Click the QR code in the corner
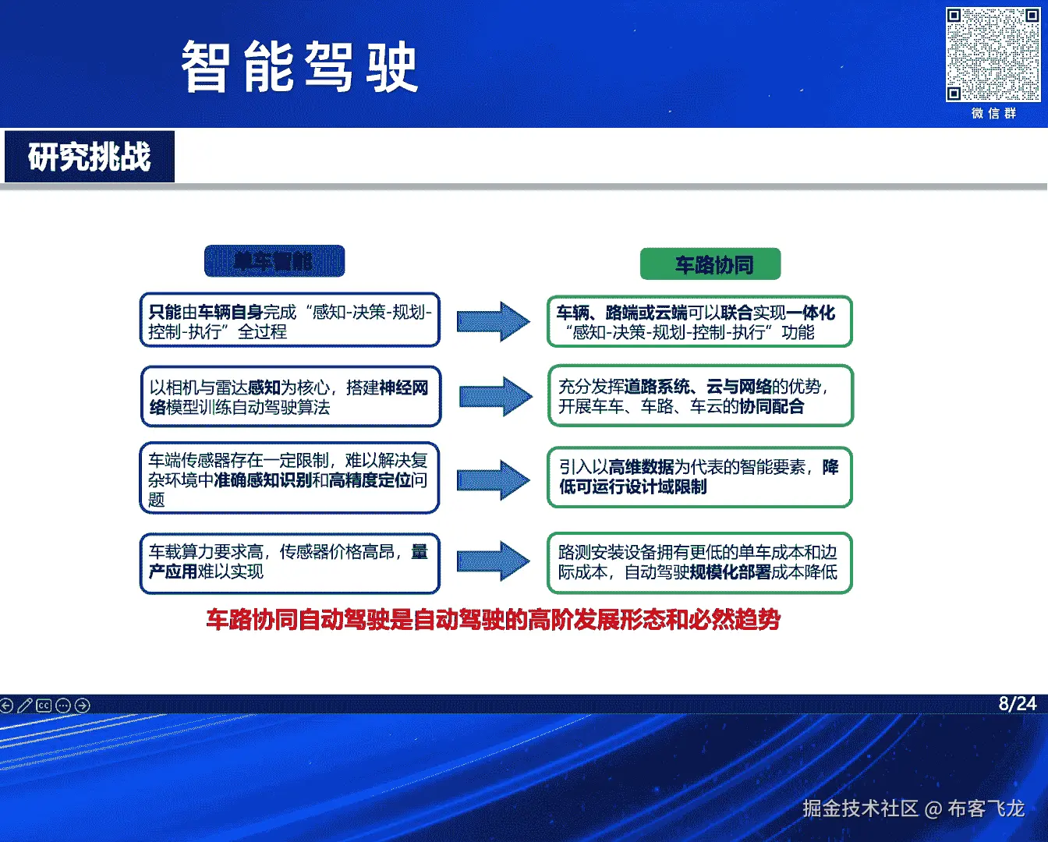993,55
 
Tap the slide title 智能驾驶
300,67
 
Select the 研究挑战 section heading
90,157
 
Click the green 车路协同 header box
710,264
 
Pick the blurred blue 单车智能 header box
274,261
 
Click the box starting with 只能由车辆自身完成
290,320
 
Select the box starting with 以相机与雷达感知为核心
291,397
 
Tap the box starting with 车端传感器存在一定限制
290,478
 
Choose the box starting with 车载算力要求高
290,562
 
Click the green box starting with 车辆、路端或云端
699,322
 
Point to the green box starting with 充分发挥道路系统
700,396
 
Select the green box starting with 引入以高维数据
699,476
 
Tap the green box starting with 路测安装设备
699,562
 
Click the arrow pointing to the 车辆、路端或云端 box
493,321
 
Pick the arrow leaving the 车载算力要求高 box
493,561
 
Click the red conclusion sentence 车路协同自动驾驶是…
493,620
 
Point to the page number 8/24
1018,703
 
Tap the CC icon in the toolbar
44,706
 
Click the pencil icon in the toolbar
25,706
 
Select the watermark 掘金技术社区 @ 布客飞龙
913,808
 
